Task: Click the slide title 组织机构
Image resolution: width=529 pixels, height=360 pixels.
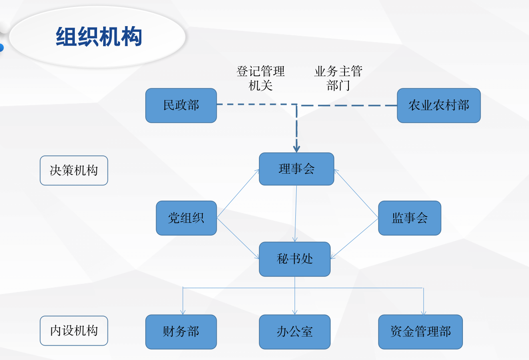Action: [x=99, y=37]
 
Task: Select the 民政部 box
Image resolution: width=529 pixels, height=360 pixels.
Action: [x=181, y=105]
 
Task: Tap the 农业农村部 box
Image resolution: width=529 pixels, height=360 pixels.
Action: [x=439, y=105]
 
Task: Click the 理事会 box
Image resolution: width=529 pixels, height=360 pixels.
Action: [x=297, y=169]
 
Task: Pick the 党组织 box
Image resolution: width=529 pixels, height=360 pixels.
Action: [x=186, y=218]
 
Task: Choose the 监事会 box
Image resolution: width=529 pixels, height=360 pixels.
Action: [x=410, y=218]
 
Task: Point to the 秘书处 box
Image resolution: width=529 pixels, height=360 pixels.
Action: [x=295, y=259]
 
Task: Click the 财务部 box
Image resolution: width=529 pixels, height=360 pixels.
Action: [x=181, y=332]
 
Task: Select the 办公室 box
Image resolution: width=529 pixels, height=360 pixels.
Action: [x=295, y=332]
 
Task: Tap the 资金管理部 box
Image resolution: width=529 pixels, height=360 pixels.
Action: [x=420, y=332]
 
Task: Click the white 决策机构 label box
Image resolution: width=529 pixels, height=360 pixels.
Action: [x=74, y=171]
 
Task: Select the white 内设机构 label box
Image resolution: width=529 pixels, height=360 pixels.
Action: [x=74, y=331]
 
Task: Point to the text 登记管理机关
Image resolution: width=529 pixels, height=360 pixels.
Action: [x=261, y=78]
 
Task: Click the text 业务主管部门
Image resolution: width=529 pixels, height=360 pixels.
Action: [x=338, y=78]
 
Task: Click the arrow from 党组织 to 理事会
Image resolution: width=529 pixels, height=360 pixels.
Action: [x=238, y=194]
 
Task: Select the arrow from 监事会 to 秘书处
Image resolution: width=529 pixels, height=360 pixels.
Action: [x=354, y=238]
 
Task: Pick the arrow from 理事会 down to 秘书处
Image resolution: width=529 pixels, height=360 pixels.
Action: [x=296, y=213]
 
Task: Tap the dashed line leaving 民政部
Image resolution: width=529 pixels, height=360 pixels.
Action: [x=257, y=104]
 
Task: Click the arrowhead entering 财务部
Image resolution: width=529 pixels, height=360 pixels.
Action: [x=183, y=312]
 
